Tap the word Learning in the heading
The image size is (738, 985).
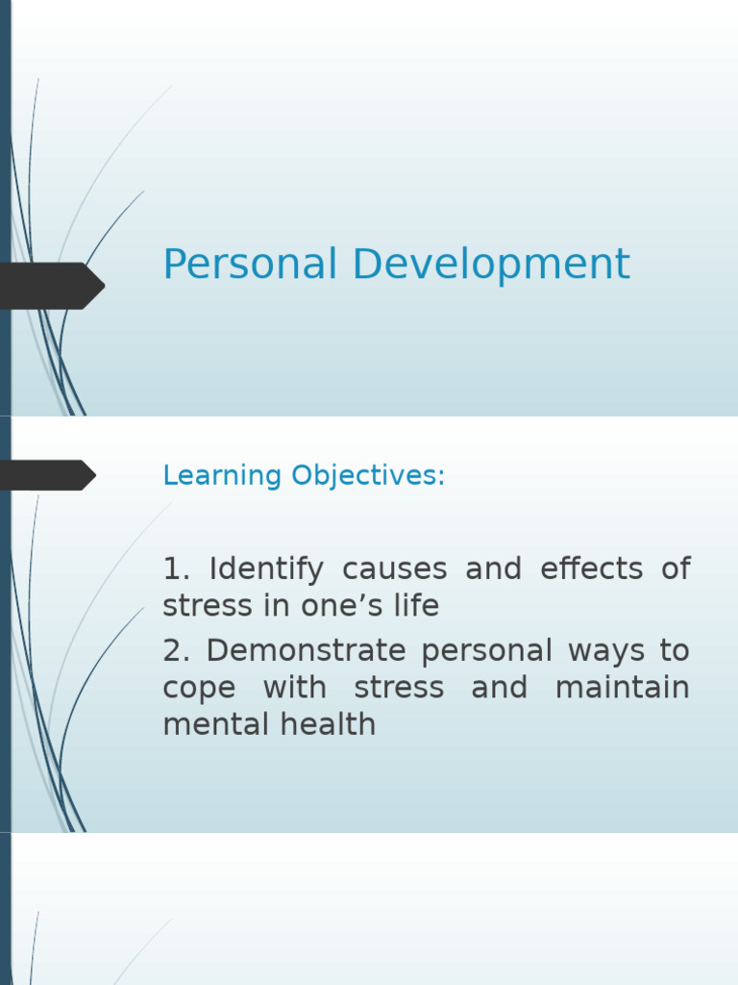pyautogui.click(x=222, y=476)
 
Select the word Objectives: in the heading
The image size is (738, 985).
pyautogui.click(x=368, y=476)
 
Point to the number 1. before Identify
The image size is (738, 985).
pyautogui.click(x=178, y=569)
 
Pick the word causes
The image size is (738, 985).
pyautogui.click(x=394, y=569)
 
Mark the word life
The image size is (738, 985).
pyautogui.click(x=419, y=607)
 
